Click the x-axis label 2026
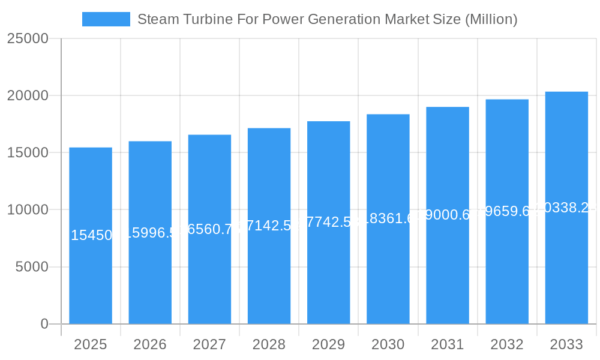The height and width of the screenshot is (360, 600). (150, 345)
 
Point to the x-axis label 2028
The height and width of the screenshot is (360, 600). (269, 345)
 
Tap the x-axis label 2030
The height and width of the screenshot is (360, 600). (388, 345)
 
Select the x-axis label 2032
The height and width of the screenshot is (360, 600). (507, 345)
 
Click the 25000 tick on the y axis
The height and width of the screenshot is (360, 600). (28, 39)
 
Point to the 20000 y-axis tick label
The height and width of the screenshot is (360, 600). (28, 96)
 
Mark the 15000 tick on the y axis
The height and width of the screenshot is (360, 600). (28, 153)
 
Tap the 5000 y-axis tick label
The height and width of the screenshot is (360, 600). (31, 267)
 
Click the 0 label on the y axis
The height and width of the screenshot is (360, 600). (44, 324)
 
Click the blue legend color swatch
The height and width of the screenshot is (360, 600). (106, 19)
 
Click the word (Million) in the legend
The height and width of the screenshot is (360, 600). (491, 19)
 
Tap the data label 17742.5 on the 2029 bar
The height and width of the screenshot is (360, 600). (328, 222)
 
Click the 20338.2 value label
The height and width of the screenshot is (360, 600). (566, 208)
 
